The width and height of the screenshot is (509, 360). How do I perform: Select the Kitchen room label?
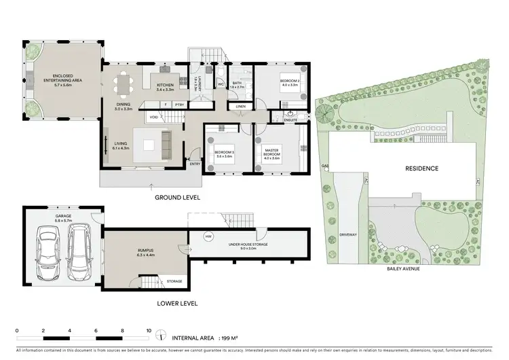click(x=165, y=87)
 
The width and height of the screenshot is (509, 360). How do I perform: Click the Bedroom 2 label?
click(x=290, y=82)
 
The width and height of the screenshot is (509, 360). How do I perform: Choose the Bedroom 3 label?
click(x=224, y=154)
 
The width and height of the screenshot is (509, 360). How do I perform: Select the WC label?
click(x=221, y=84)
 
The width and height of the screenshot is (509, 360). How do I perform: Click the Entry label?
click(x=195, y=163)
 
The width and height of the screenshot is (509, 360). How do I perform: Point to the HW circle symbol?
click(x=208, y=236)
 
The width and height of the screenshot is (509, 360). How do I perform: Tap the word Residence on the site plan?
click(x=421, y=168)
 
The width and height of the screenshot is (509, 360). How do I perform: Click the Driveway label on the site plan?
click(x=349, y=234)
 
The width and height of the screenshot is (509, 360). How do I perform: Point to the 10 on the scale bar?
click(x=149, y=331)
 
